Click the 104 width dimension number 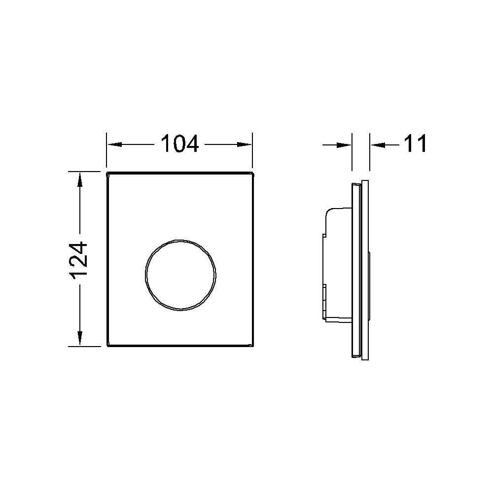(x=180, y=143)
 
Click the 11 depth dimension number (x=415, y=143)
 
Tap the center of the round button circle (x=180, y=275)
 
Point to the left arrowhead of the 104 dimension (x=114, y=144)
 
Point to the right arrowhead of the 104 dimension (x=245, y=144)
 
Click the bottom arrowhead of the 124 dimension (x=79, y=339)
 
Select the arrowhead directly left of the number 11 (x=378, y=145)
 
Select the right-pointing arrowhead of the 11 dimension (x=344, y=145)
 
